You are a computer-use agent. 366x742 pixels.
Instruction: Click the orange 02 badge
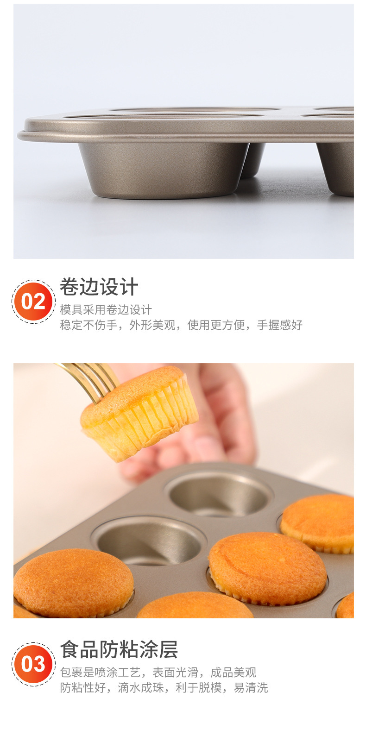33,302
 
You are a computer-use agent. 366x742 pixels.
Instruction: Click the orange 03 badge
33,664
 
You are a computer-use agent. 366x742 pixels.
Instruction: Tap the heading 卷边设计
99,287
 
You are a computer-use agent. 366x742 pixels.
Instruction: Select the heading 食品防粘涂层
119,649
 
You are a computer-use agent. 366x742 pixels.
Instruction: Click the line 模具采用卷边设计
106,310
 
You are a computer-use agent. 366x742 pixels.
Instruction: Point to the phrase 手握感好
279,325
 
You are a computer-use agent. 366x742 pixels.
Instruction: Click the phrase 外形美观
152,325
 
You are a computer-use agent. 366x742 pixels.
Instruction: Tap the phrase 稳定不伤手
89,325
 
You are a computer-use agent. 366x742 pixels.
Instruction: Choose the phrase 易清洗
251,688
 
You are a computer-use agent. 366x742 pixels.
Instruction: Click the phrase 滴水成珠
141,688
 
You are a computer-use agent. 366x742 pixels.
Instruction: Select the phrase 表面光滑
175,673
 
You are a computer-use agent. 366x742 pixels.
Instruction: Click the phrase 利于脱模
198,688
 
